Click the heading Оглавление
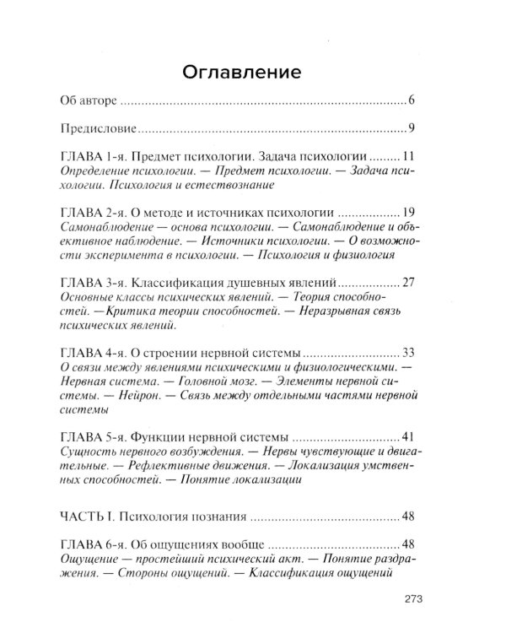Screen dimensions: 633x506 coord(254,72)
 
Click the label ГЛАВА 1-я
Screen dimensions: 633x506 coord(95,157)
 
